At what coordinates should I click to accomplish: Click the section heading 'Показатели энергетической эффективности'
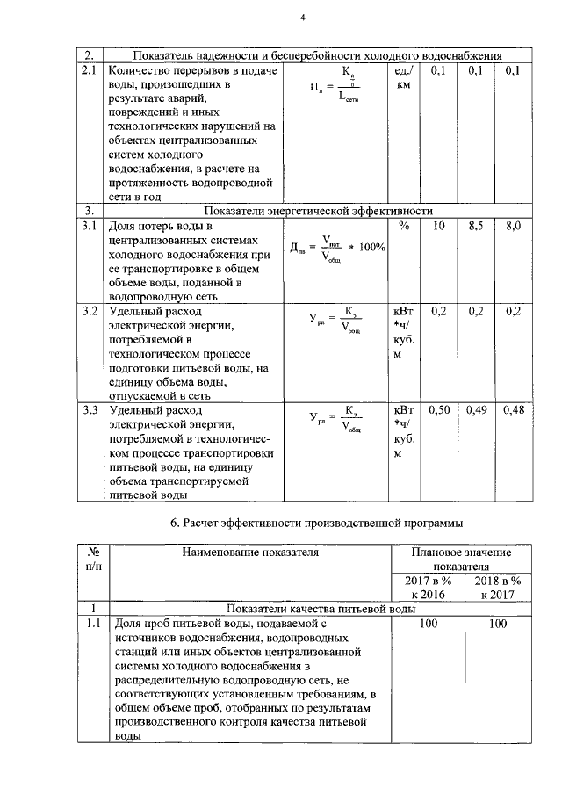pos(317,211)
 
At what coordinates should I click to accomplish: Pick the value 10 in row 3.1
pos(440,227)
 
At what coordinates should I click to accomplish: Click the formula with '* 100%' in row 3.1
pos(337,247)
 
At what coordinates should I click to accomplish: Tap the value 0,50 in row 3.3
pos(440,409)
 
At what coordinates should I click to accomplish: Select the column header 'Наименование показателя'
pos(250,553)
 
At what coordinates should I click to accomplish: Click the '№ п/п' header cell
pos(92,560)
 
